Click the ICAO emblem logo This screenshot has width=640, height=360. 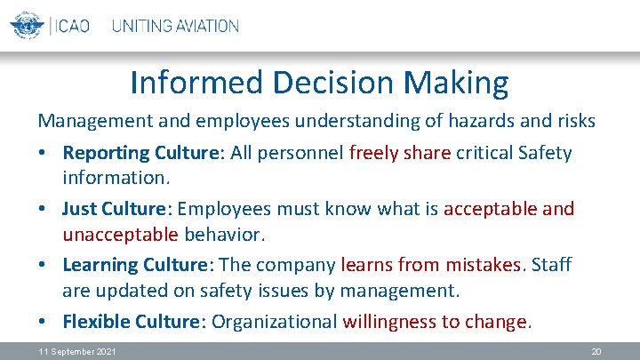(27, 25)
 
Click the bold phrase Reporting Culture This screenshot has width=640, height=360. (142, 154)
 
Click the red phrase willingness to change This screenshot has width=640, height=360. (435, 322)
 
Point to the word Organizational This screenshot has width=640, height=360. (276, 322)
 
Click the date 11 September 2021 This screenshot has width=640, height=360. (76, 352)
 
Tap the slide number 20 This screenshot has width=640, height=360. (596, 352)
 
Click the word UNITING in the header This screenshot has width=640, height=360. (143, 26)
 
